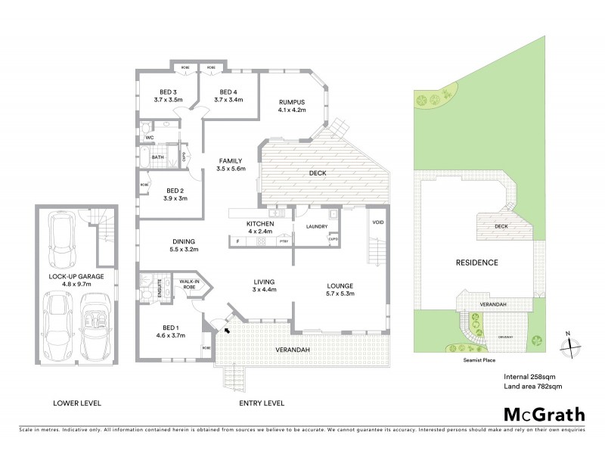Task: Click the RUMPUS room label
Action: coord(291,104)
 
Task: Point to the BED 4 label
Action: coord(227,95)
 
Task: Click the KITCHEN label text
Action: coord(259,225)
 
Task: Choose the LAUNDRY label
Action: coord(316,226)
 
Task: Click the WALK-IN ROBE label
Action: coord(188,285)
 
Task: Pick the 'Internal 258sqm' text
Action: coord(529,376)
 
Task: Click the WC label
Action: coord(150,137)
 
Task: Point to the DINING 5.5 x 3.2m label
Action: coord(185,244)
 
